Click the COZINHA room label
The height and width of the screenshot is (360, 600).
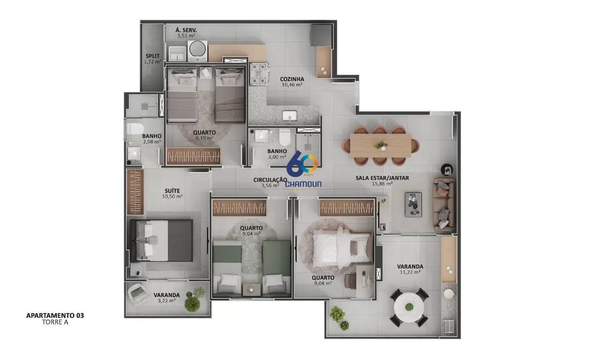pyautogui.click(x=292, y=79)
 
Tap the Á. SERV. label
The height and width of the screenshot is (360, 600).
pyautogui.click(x=186, y=30)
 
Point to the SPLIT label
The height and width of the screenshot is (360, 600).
pyautogui.click(x=153, y=56)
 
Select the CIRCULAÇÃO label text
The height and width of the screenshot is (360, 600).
pyautogui.click(x=270, y=180)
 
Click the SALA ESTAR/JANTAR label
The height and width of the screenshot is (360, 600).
pyautogui.click(x=382, y=178)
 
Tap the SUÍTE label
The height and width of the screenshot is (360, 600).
pyautogui.click(x=172, y=191)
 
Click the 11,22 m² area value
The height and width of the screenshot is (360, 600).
pyautogui.click(x=410, y=272)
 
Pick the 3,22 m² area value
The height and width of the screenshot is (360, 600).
pyautogui.click(x=166, y=300)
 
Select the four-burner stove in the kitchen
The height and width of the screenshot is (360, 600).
pyautogui.click(x=259, y=74)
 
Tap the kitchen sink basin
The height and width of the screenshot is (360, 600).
pyautogui.click(x=290, y=116)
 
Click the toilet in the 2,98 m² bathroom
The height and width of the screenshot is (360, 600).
pyautogui.click(x=135, y=129)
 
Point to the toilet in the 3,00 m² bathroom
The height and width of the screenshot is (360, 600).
pyautogui.click(x=285, y=137)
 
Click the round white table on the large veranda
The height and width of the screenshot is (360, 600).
pyautogui.click(x=409, y=307)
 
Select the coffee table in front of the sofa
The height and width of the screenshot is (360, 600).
pyautogui.click(x=413, y=204)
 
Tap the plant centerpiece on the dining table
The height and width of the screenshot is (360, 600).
pyautogui.click(x=381, y=145)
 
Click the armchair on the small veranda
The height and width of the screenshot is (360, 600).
pyautogui.click(x=139, y=294)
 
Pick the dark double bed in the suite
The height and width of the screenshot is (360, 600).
pyautogui.click(x=161, y=240)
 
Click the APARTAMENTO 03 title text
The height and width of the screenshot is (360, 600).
pyautogui.click(x=55, y=315)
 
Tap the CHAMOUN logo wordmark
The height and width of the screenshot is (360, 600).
pyautogui.click(x=303, y=184)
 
